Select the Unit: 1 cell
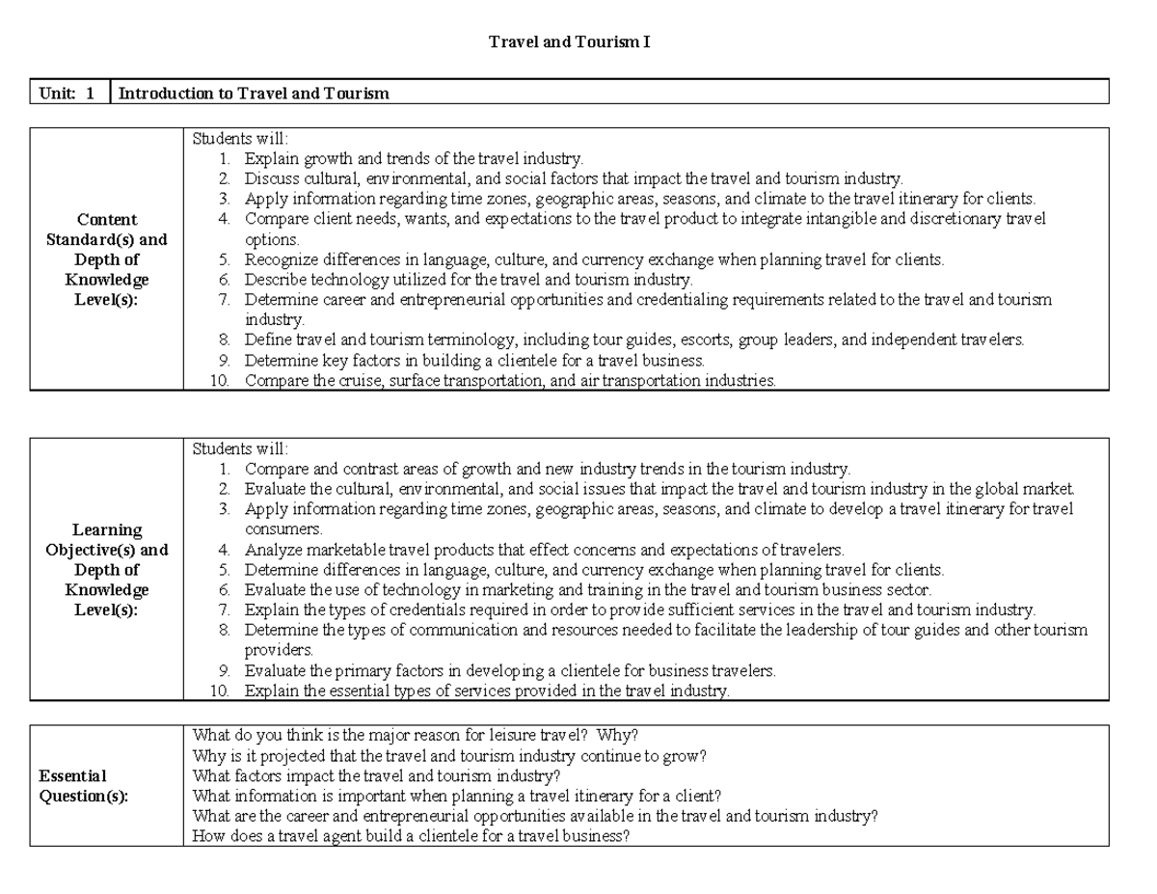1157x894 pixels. tap(67, 94)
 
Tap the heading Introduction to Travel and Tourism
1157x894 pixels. tap(254, 94)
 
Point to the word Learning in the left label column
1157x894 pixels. tap(106, 529)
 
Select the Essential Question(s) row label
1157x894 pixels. tap(83, 786)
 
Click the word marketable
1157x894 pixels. tap(337, 550)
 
